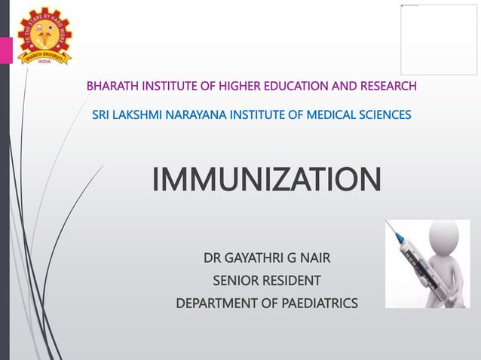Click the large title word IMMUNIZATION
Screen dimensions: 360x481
pos(266,181)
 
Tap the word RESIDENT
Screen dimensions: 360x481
pos(291,282)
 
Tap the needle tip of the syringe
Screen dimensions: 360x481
pos(388,222)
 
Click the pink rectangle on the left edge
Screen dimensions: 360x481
pos(5,50)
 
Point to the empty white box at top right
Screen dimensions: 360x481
pos(438,39)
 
